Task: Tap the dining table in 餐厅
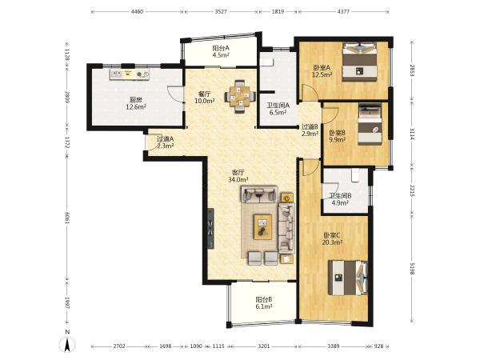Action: click(x=240, y=97)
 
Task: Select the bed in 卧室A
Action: click(x=359, y=62)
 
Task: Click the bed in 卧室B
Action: click(x=370, y=125)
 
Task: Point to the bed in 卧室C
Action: click(x=347, y=278)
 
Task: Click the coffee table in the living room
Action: click(x=262, y=226)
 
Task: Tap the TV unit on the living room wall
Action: click(x=210, y=228)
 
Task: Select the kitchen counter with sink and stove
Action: click(x=130, y=74)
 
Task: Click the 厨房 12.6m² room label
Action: click(x=136, y=103)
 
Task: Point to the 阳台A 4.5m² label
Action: click(x=221, y=51)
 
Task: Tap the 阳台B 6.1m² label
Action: click(x=264, y=302)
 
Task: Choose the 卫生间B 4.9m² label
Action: click(x=340, y=199)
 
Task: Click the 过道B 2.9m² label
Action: click(x=310, y=130)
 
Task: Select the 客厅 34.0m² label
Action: click(x=238, y=176)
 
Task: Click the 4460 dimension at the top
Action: click(x=137, y=12)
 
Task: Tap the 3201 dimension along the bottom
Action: click(x=264, y=346)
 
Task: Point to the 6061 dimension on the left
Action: click(x=67, y=218)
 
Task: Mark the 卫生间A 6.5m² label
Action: click(x=278, y=109)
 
